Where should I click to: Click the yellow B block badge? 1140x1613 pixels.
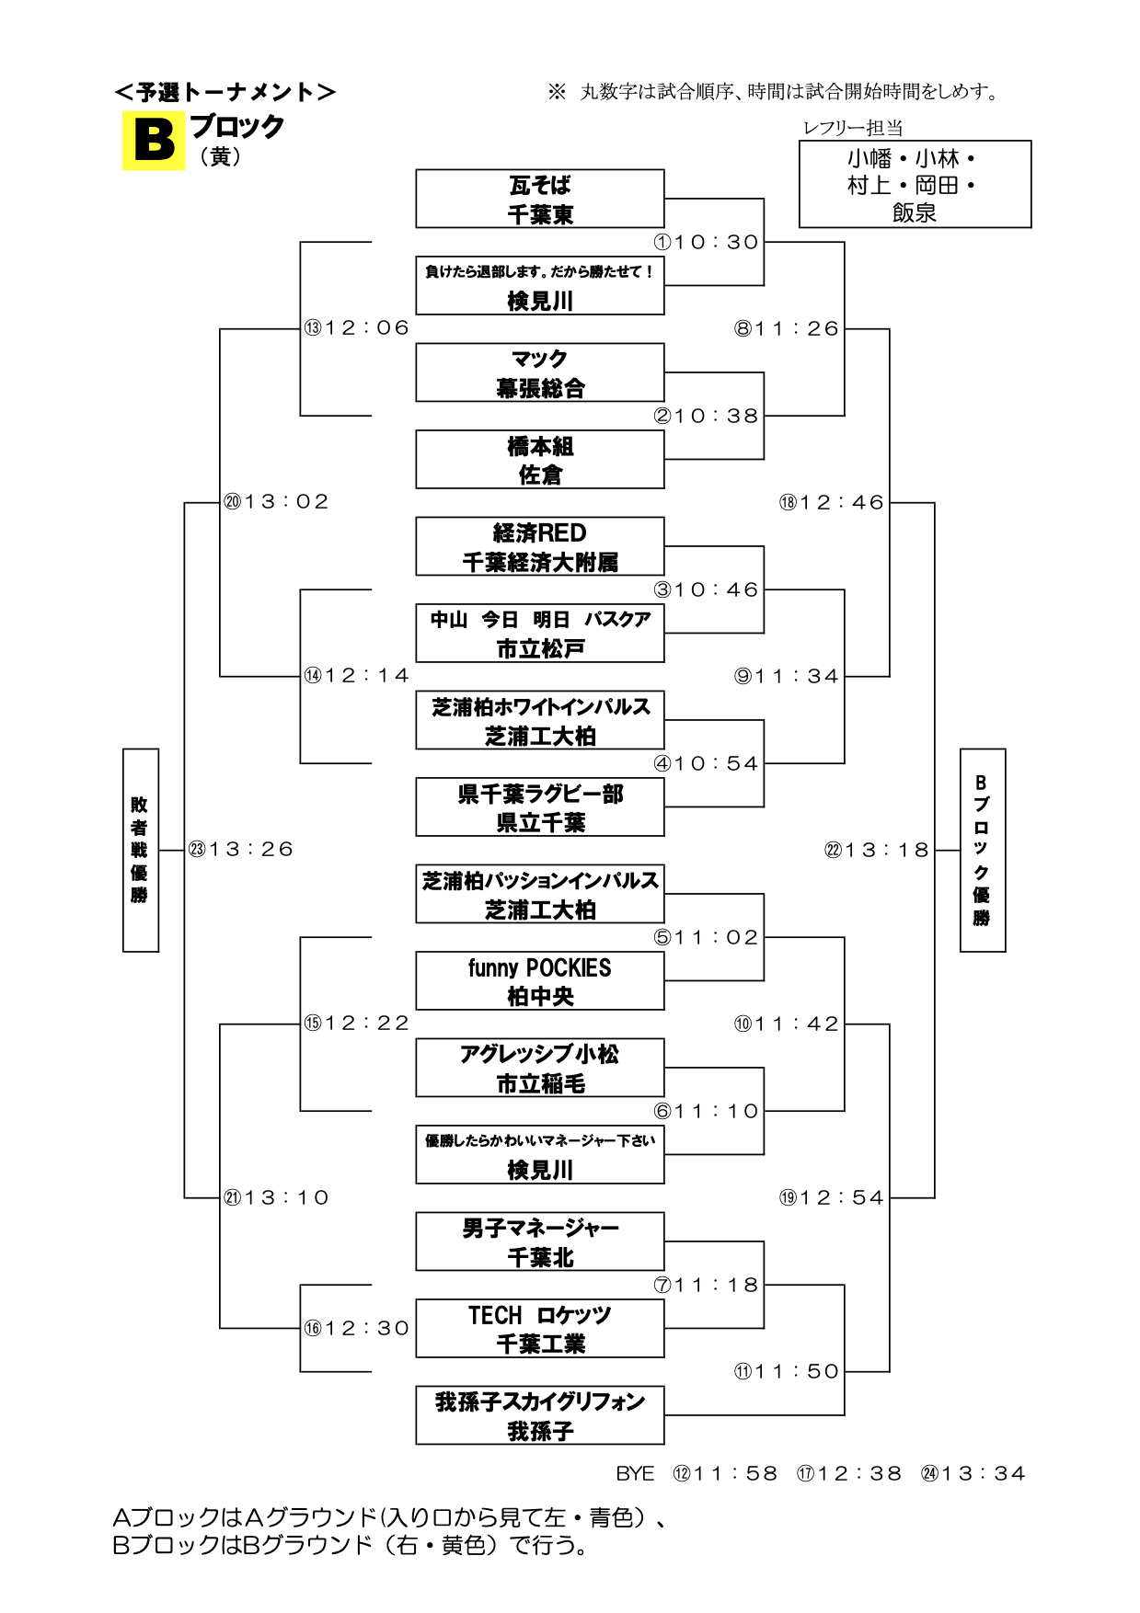pos(153,141)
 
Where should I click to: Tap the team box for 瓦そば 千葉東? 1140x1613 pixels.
pos(539,199)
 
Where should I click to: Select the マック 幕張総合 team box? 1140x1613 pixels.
pos(539,372)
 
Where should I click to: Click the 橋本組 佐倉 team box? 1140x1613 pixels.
pos(539,460)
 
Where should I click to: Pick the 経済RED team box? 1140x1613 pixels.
pos(539,546)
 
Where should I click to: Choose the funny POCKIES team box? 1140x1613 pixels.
pos(539,981)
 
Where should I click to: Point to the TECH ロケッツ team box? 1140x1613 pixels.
pos(539,1329)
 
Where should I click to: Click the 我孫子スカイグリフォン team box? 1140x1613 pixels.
pos(539,1415)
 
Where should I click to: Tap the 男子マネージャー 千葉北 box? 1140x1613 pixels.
pos(539,1241)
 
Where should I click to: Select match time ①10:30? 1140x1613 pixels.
pos(707,242)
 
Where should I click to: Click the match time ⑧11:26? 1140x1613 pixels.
pos(787,328)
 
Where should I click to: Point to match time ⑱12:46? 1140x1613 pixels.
pos(832,502)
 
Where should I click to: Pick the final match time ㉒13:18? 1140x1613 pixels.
pos(877,850)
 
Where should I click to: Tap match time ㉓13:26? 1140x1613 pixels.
pos(241,849)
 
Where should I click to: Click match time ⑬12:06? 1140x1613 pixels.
pos(357,327)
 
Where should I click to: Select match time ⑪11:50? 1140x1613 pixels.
pos(787,1371)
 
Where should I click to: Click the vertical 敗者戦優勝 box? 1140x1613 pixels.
pos(141,850)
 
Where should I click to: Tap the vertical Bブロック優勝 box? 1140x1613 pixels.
pos(982,850)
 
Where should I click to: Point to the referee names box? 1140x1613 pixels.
pos(915,184)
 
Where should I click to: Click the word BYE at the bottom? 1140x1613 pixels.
pos(635,1473)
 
